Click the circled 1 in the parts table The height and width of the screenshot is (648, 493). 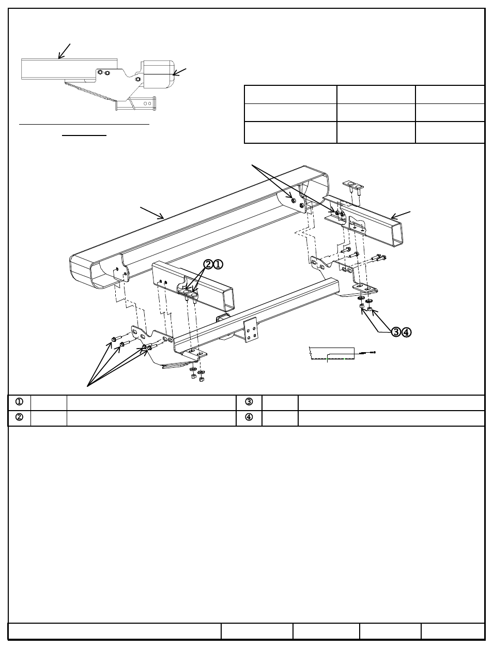(x=19, y=402)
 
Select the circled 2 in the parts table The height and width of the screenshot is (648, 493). (x=19, y=418)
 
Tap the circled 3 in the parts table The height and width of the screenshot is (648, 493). (x=249, y=402)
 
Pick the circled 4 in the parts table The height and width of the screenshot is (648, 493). (x=249, y=418)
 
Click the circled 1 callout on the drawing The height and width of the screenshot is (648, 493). (x=218, y=264)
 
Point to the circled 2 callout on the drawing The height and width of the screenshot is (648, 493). (x=208, y=264)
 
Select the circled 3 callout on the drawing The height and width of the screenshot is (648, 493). (x=396, y=332)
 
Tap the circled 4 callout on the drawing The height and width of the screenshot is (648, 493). (x=407, y=332)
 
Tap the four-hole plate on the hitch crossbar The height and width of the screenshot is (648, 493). (x=251, y=329)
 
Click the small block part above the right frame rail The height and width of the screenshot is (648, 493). (x=353, y=186)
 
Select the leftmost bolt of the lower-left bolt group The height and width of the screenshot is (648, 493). (x=113, y=340)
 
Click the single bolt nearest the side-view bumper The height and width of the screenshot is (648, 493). (x=137, y=79)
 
